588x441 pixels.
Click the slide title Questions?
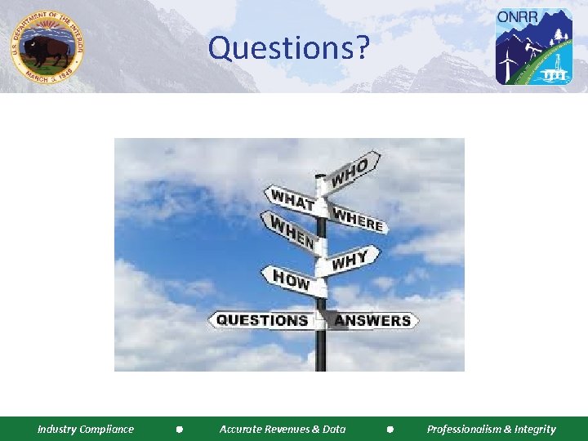click(289, 48)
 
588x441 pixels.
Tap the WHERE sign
click(358, 216)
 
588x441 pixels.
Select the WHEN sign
click(287, 230)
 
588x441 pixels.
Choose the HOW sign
click(291, 280)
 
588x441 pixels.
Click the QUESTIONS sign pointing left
click(261, 320)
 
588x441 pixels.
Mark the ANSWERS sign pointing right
click(372, 320)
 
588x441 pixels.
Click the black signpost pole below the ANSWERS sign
click(320, 351)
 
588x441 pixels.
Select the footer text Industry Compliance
click(86, 429)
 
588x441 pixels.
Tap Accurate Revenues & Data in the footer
click(283, 429)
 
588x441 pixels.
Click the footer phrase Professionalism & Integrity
click(491, 429)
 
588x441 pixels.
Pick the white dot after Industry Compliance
click(178, 429)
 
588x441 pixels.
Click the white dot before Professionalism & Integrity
click(390, 429)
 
